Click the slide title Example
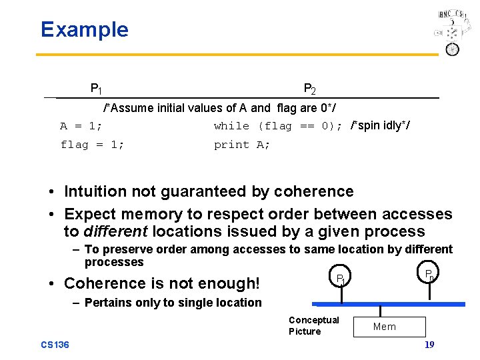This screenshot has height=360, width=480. (x=84, y=29)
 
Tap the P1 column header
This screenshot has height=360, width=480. (x=96, y=88)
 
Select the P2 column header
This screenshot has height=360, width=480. (x=309, y=89)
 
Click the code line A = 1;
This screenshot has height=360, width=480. (x=81, y=126)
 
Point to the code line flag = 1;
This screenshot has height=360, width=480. (x=92, y=145)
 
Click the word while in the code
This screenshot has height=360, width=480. (x=231, y=126)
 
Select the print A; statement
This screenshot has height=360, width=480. (x=242, y=145)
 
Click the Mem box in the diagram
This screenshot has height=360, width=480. (x=385, y=327)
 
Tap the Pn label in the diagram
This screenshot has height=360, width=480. (x=431, y=274)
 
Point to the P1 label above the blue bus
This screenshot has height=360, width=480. (x=340, y=278)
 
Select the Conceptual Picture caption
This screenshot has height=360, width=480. (x=313, y=325)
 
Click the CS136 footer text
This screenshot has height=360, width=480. (x=55, y=345)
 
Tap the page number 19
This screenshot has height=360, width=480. (x=429, y=345)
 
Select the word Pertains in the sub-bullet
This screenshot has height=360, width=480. (x=107, y=303)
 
